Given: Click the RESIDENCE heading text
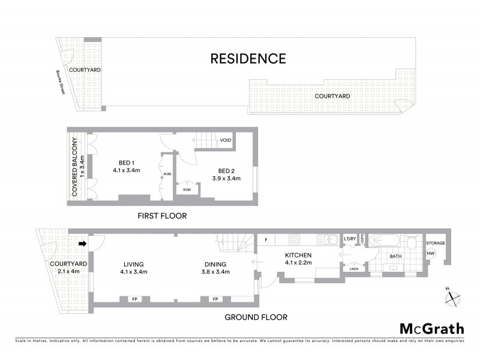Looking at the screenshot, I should (248, 59).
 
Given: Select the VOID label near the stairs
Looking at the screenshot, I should (226, 140).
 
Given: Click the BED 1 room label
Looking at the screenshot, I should (126, 166).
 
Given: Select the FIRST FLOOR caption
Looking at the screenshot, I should (162, 216).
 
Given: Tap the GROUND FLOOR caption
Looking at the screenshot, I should (256, 317).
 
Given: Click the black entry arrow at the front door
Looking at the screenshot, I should (82, 244).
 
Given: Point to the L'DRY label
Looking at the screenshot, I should (350, 239).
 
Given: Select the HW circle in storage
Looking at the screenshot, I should (431, 254).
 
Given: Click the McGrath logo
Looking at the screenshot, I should (432, 328).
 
